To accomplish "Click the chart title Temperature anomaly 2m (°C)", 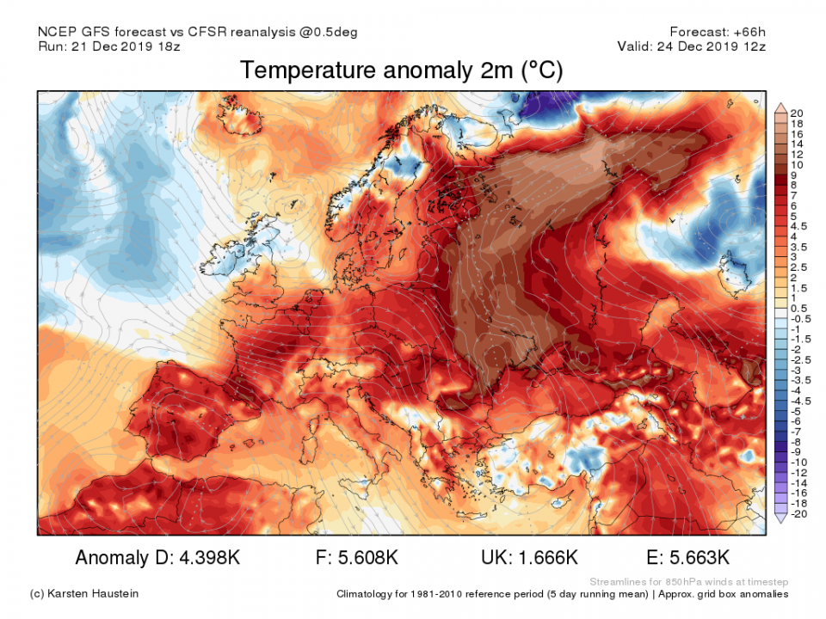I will (x=401, y=70).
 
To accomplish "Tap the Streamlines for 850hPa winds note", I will (x=689, y=581).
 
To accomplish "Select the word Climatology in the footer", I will (x=368, y=594).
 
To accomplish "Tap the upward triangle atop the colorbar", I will (x=780, y=107).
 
